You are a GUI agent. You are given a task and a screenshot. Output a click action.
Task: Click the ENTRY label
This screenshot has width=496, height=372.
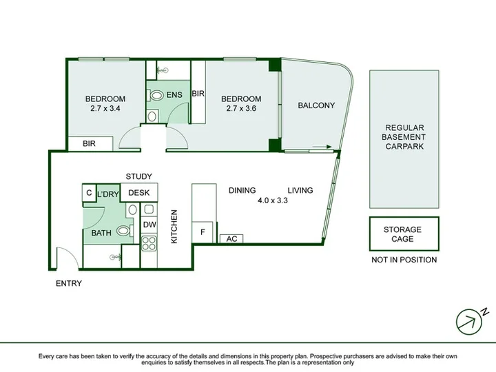(69, 283)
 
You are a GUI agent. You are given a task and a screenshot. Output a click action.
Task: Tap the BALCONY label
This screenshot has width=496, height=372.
(316, 105)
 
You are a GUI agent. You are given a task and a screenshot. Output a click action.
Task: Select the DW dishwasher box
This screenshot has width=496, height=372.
(149, 225)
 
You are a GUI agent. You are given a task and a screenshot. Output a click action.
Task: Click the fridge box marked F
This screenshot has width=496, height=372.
(203, 232)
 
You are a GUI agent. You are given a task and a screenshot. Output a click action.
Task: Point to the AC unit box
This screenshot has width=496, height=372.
(231, 239)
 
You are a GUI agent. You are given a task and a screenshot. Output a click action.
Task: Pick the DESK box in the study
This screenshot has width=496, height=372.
(139, 192)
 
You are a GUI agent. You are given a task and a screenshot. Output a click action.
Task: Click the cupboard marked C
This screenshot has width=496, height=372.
(89, 193)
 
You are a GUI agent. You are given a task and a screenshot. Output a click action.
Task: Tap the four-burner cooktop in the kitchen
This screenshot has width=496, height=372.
(149, 243)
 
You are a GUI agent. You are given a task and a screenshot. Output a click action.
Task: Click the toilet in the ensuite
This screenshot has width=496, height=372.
(155, 95)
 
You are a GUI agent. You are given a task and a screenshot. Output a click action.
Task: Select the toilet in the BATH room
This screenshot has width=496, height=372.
(124, 231)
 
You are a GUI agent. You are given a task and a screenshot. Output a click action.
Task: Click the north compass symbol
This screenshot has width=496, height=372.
(471, 321)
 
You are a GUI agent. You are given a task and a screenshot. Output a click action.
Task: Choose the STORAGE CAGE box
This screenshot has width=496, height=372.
(404, 234)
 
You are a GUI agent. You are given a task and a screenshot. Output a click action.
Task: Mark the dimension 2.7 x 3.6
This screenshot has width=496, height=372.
(241, 109)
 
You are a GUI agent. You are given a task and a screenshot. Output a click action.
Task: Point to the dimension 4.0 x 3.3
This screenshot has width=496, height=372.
(273, 200)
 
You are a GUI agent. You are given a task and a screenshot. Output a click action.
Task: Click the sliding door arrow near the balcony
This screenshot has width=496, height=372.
(322, 147)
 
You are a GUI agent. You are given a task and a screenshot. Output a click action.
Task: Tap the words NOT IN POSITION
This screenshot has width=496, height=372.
(404, 260)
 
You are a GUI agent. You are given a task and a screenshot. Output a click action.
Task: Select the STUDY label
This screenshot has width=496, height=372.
(139, 176)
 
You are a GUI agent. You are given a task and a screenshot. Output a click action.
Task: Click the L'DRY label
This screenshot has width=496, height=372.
(108, 194)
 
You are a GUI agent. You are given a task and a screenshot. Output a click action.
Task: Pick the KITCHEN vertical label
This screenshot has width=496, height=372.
(174, 227)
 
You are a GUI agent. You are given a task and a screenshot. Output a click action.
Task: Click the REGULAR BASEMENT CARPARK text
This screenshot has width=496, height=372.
(404, 137)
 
